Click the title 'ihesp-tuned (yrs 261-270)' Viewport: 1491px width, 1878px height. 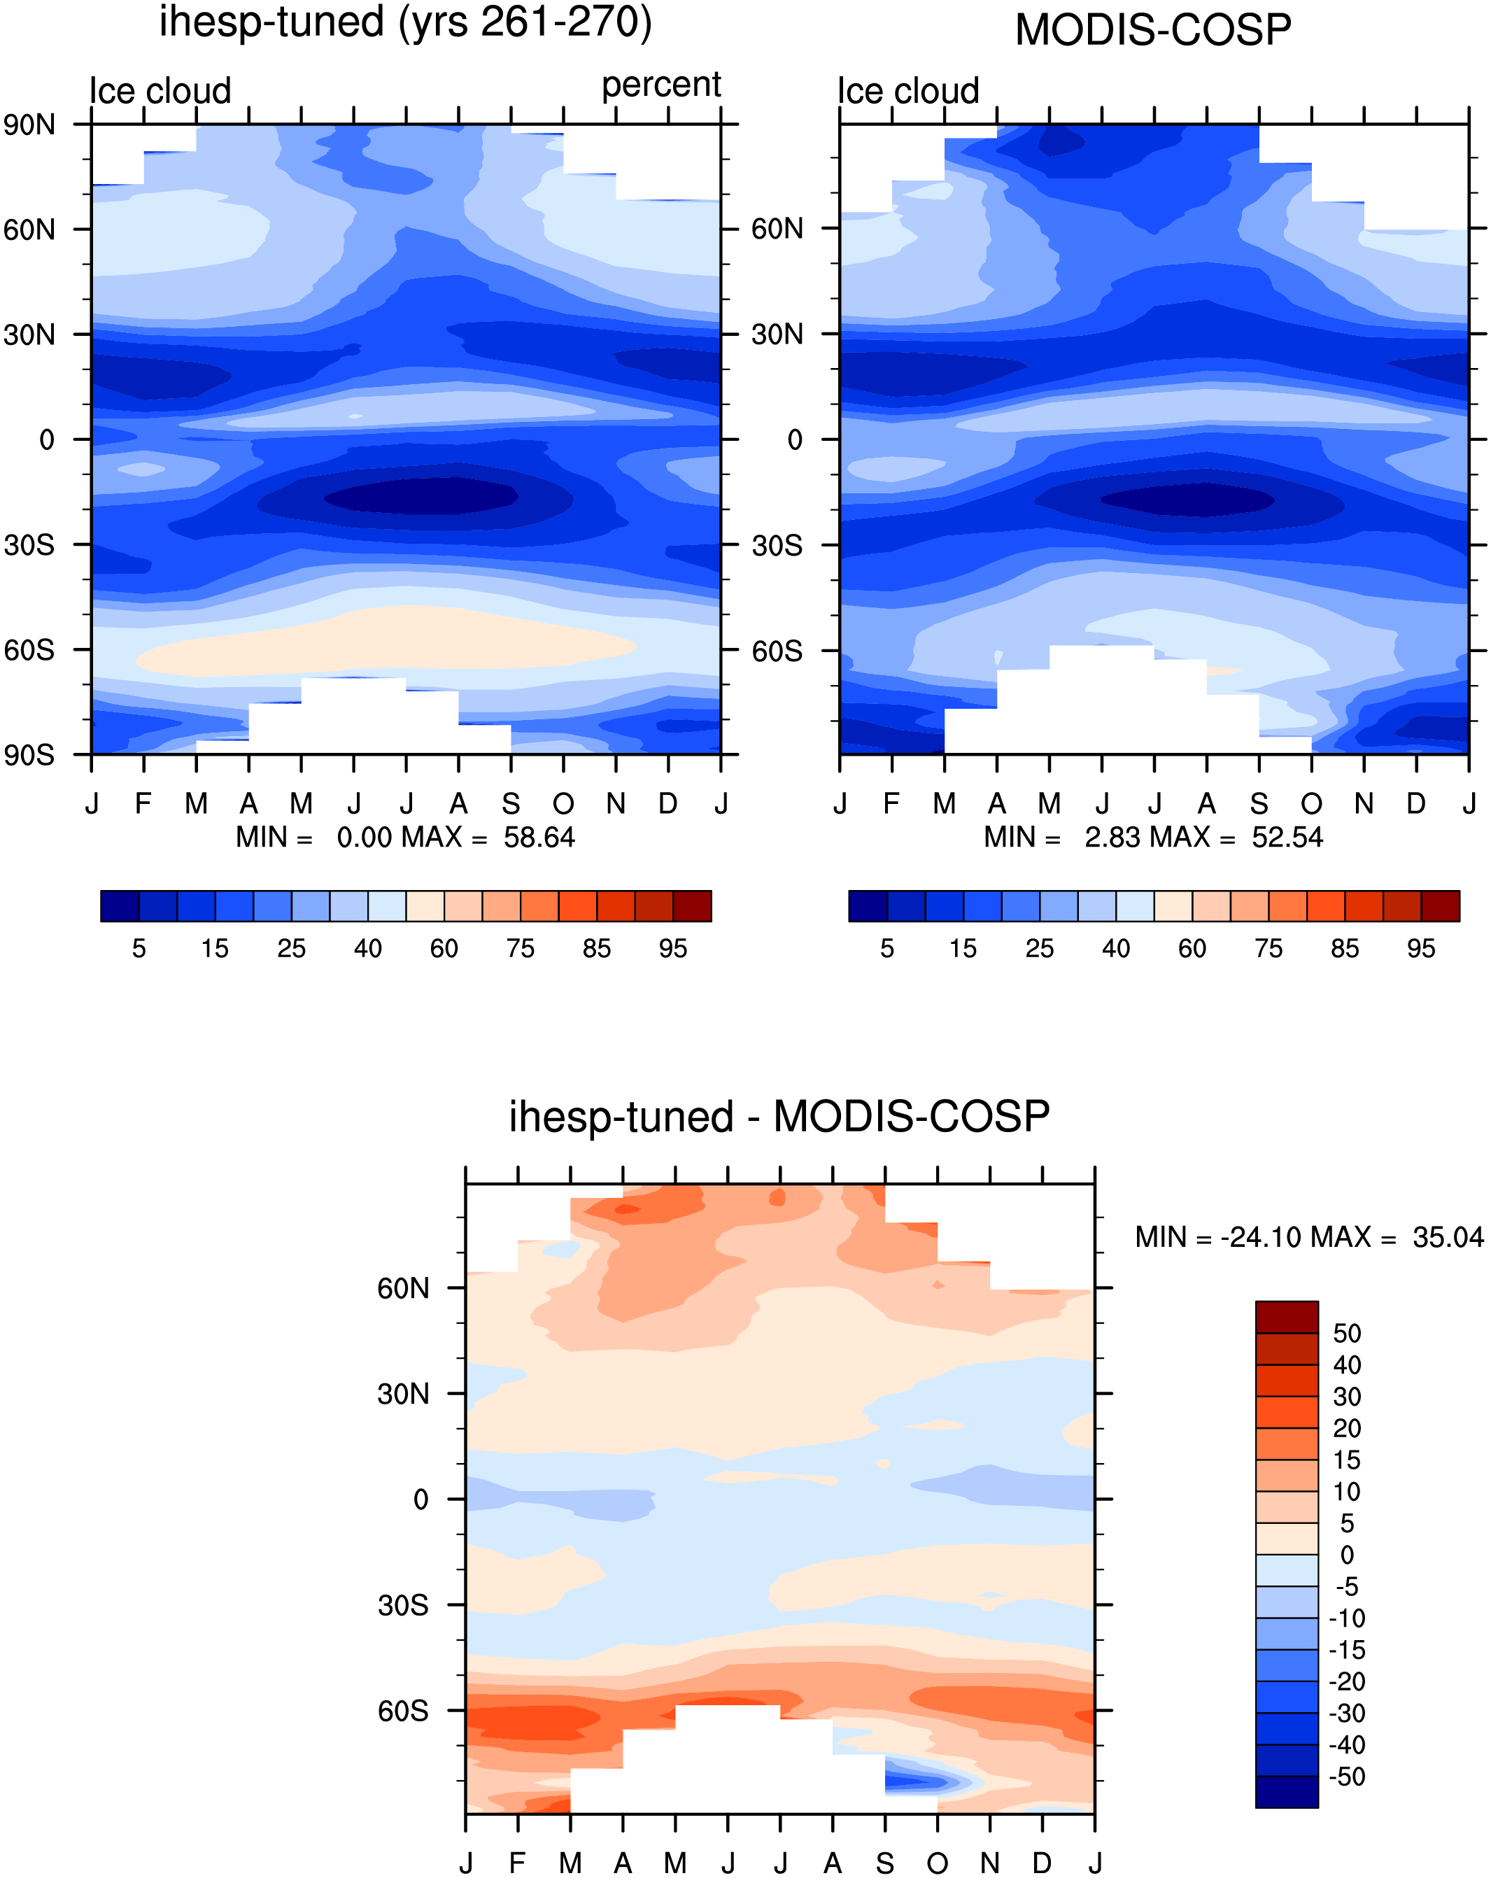[405, 22]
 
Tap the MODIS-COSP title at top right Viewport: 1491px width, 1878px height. [1153, 31]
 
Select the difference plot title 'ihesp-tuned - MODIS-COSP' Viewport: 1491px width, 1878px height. [779, 1117]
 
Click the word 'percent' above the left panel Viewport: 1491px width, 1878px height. [661, 85]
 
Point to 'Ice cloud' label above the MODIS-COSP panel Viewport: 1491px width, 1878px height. [908, 90]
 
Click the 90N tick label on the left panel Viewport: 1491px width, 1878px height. [29, 125]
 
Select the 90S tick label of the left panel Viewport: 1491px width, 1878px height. [29, 755]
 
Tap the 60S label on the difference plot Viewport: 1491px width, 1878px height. [403, 1711]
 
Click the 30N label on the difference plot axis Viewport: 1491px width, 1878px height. [403, 1395]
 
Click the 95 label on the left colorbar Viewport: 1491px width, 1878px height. [673, 949]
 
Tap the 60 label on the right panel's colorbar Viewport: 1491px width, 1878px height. [1192, 949]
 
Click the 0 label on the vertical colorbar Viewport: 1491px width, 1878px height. [1348, 1555]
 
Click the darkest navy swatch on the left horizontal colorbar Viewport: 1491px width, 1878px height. [120, 906]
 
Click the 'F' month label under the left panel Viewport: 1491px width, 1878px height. [143, 803]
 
